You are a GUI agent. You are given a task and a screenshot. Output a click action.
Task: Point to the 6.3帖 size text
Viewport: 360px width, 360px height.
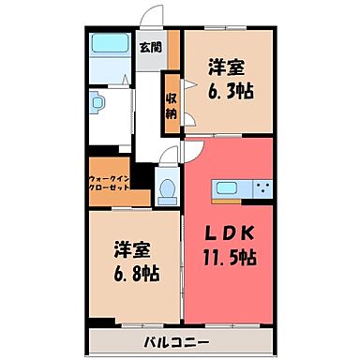point(231,91)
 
